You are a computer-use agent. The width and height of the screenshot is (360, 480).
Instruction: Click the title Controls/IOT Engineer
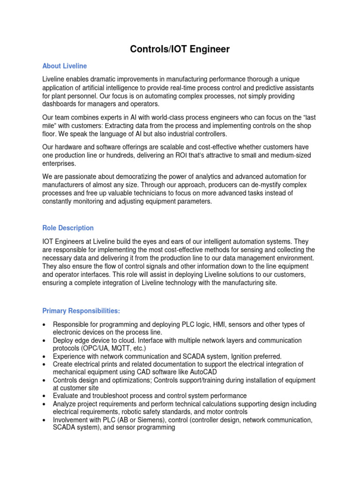tap(180, 49)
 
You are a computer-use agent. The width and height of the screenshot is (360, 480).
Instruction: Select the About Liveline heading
tap(64, 66)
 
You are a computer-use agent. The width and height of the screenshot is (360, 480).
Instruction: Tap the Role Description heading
tap(68, 228)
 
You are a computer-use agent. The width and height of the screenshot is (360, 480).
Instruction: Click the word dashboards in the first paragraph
tap(60, 104)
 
